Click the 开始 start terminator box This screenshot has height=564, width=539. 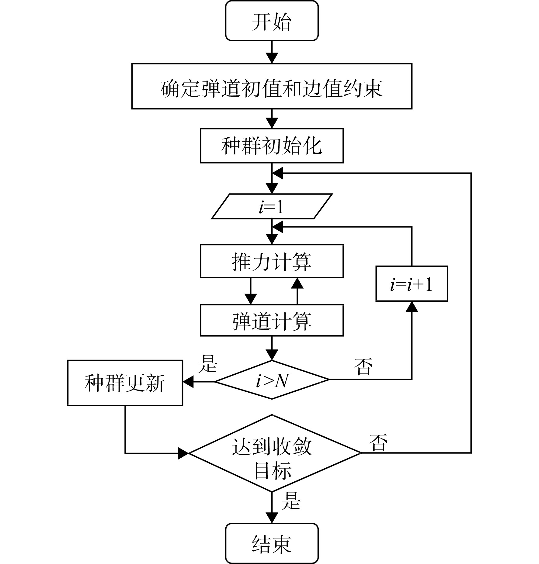[x=272, y=21]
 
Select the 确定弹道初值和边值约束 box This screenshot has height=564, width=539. [x=272, y=86]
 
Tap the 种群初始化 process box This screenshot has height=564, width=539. [x=272, y=146]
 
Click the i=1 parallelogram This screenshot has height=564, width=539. [x=272, y=206]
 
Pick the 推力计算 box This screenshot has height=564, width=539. [x=272, y=261]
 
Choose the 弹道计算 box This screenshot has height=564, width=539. [x=272, y=320]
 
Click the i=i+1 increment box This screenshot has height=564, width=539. [x=412, y=284]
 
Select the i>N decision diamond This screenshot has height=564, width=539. [x=272, y=380]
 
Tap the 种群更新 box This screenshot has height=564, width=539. [x=125, y=383]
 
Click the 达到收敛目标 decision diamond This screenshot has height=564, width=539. [x=275, y=453]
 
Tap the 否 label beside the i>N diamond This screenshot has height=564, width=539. [x=363, y=366]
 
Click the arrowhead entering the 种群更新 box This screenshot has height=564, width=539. [x=188, y=382]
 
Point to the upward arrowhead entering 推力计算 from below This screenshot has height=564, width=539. [x=297, y=283]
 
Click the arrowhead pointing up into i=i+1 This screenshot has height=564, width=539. [x=412, y=307]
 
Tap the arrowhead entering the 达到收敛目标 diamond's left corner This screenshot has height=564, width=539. [x=183, y=453]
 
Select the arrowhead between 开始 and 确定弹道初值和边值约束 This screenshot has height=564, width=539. [x=272, y=58]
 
